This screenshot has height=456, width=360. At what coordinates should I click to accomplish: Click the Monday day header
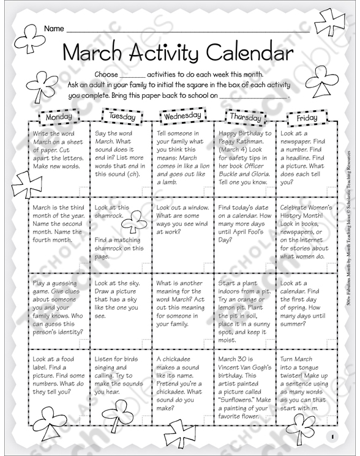59,116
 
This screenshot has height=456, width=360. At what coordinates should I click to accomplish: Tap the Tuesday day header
122,115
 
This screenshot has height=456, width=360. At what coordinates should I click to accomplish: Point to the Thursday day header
246,117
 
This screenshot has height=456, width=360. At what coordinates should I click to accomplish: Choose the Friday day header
306,118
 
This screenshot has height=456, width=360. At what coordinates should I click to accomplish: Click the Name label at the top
54,29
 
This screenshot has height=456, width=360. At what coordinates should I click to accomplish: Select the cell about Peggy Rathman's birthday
244,159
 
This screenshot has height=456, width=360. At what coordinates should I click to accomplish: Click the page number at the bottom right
330,436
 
